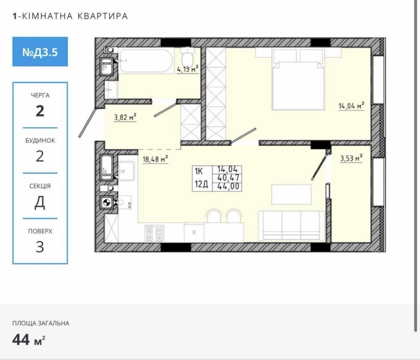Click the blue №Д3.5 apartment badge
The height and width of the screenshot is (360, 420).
pos(40,52)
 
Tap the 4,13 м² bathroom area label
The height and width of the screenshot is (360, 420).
pos(188,69)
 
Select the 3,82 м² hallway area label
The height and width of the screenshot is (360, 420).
pos(125,117)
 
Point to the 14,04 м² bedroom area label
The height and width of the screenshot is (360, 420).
pos(352,106)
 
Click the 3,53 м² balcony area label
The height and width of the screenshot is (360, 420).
pos(351,158)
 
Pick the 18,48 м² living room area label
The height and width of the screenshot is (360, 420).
pos(155,159)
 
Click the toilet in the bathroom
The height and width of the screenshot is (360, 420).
pos(187,57)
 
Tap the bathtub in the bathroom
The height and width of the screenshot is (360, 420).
pos(146,61)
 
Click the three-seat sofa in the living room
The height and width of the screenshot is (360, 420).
pos(291,226)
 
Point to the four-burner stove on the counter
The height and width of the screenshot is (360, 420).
pos(155,233)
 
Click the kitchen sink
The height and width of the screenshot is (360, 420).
pos(126,171)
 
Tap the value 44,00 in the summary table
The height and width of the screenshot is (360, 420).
pos(228,186)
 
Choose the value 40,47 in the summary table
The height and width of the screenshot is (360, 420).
pos(228,178)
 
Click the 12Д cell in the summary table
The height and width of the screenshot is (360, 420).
pos(202,184)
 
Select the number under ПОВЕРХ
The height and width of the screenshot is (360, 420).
pos(40,247)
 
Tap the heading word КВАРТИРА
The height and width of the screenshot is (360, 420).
pos(102,16)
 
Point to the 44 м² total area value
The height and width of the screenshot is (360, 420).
pos(29,340)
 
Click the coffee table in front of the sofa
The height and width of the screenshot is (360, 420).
pos(291,194)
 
